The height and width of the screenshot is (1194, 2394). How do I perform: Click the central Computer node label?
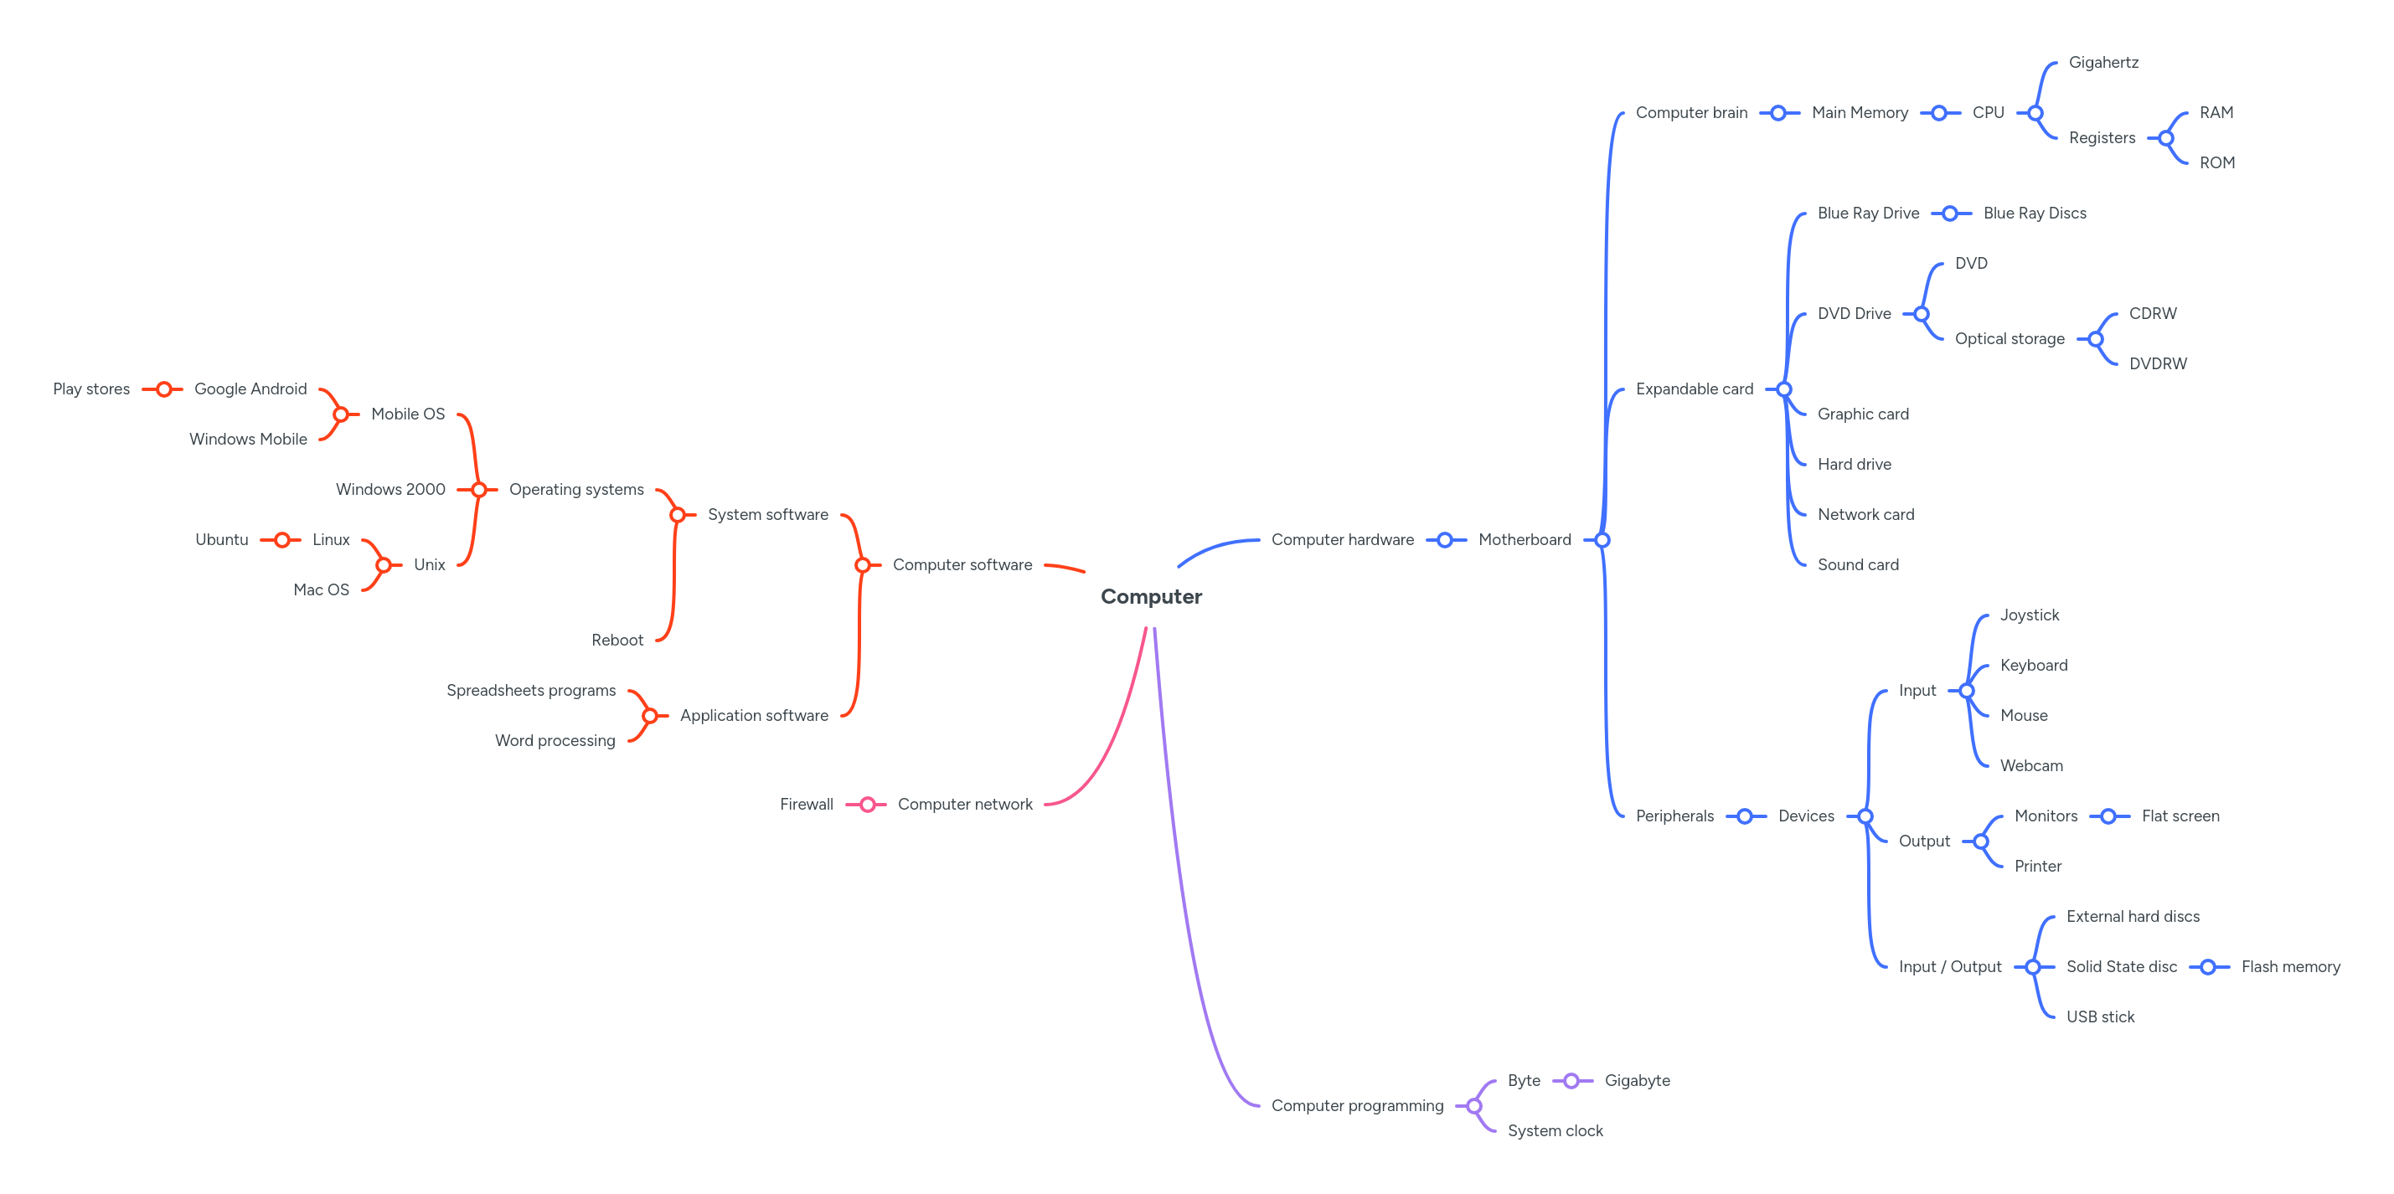(1151, 596)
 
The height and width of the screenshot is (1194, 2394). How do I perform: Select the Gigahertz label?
(2103, 62)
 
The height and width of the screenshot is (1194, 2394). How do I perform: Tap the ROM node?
(2216, 162)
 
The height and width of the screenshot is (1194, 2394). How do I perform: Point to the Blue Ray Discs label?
(2035, 213)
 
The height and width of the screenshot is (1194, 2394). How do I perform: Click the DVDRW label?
(2157, 363)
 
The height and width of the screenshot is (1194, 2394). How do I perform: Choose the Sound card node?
(1858, 564)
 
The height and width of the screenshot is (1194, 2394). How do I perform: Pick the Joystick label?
(2030, 615)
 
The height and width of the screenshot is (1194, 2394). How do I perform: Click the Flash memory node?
(2290, 966)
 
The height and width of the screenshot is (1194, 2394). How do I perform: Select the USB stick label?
(2100, 1016)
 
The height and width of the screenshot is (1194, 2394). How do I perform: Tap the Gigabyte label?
(1637, 1080)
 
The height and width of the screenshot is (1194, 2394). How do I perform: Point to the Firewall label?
(806, 804)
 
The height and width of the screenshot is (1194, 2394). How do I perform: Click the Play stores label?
(91, 389)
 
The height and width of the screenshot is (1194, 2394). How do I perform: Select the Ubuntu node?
(221, 539)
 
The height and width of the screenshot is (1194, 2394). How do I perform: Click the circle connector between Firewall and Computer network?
(867, 804)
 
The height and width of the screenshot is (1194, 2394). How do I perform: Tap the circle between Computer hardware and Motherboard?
(1445, 540)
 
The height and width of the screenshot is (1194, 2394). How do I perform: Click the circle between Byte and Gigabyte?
(1571, 1081)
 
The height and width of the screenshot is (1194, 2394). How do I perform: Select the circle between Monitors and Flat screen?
(2108, 816)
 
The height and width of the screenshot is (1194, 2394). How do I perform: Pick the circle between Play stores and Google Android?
(163, 389)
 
